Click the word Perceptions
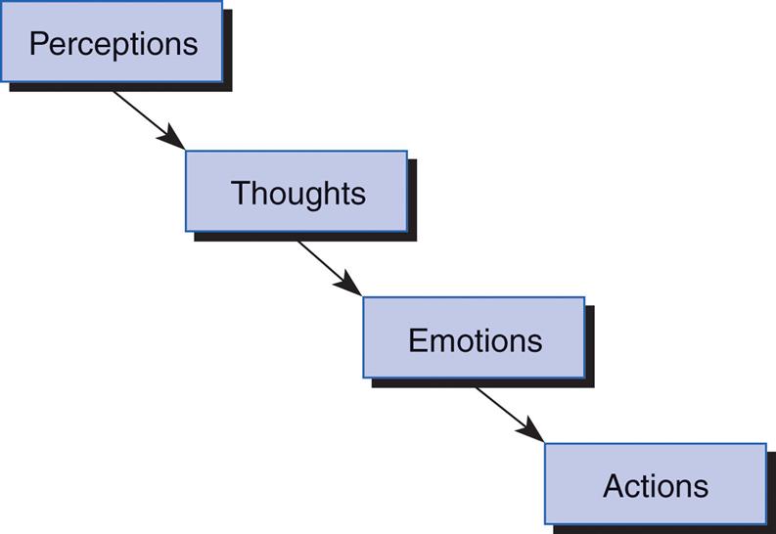pos(113,44)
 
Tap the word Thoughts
pos(297,193)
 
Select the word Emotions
pos(475,340)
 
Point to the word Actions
pos(655,486)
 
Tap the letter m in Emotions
pos(439,342)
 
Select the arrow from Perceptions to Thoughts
pos(147,118)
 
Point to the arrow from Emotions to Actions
pos(508,413)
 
